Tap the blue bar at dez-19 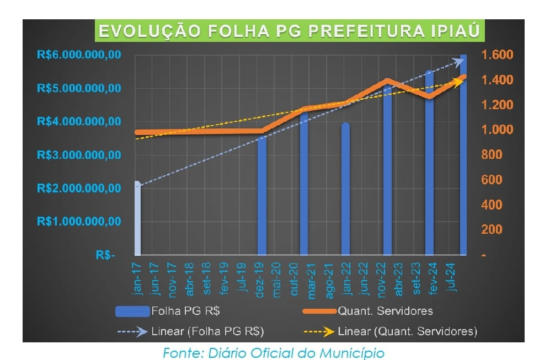(262, 195)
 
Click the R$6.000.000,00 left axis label (79, 55)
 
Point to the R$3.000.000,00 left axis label (79, 155)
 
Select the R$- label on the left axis (105, 255)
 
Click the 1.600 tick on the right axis (497, 55)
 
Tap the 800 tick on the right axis (492, 155)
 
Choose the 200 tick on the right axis (492, 230)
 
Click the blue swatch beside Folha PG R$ (133, 311)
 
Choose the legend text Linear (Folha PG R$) (207, 332)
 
